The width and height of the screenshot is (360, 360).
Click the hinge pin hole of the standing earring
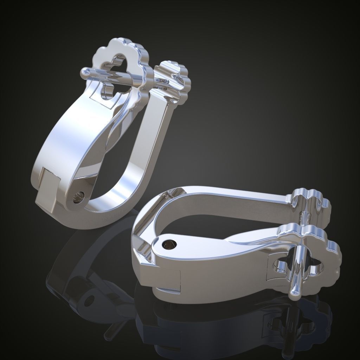pos(78,197)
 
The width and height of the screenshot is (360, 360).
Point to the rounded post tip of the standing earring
pos(85,73)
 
